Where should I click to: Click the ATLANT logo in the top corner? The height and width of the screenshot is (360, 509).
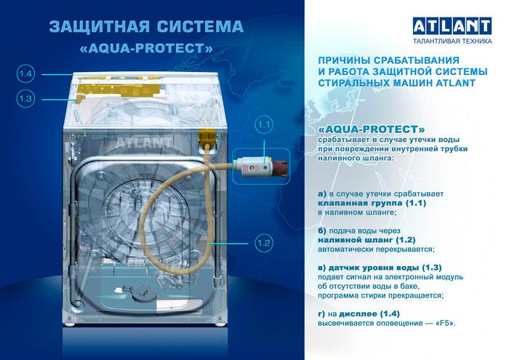point(452,26)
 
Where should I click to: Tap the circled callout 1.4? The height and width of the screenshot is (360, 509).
point(25,74)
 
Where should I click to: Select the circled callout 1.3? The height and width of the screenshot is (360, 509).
point(25,98)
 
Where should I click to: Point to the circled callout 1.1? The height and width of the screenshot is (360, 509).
point(264,124)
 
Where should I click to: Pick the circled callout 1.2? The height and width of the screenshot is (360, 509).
point(263,243)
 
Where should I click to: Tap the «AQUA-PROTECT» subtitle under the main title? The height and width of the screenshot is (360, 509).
point(146,49)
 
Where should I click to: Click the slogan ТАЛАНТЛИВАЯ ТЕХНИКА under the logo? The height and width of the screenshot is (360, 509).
point(452,41)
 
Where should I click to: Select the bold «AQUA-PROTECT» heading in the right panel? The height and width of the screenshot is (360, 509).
point(372,129)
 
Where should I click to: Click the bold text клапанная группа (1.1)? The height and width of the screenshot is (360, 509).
point(372,203)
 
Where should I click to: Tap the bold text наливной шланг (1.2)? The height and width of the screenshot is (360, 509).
point(366,240)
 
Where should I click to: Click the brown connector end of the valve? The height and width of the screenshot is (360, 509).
point(281,169)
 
